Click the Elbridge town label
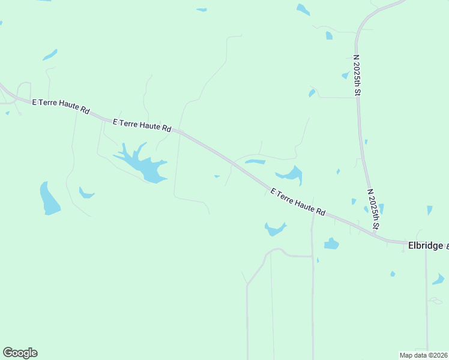point(425,245)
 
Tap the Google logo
point(20,353)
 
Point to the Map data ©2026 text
point(423,355)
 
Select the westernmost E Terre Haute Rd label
point(61,107)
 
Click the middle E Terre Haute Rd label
point(142,125)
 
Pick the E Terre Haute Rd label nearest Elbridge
point(298,202)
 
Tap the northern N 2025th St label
point(356,76)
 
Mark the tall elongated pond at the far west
point(49,199)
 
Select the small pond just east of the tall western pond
point(86,193)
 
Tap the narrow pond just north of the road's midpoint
point(255,161)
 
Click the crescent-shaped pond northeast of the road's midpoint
point(291,175)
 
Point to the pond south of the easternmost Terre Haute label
point(275,229)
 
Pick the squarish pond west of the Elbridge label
point(331,244)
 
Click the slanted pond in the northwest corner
point(50,55)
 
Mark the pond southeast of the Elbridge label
point(438,279)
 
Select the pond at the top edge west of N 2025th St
point(303,10)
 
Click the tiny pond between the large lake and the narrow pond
point(217,176)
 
